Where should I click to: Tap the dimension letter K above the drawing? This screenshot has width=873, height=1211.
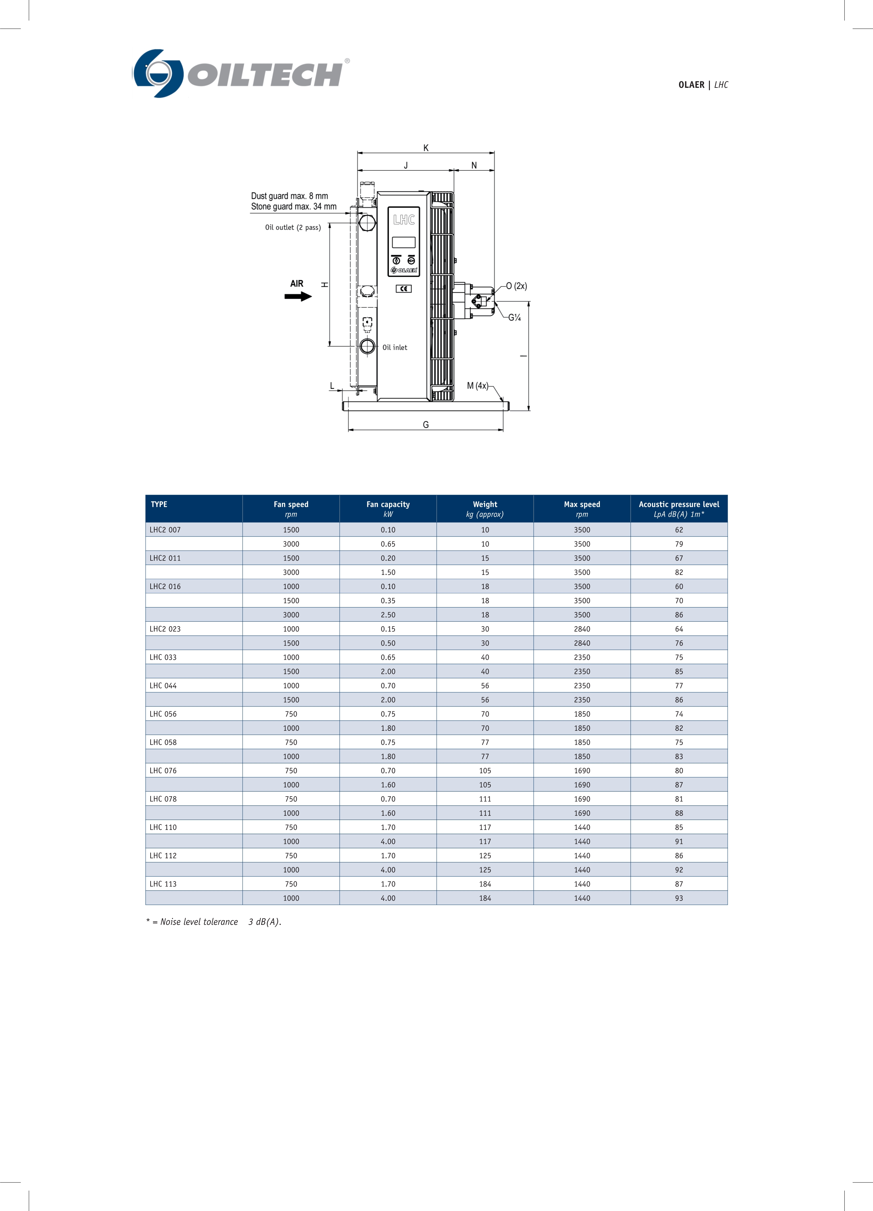(425, 148)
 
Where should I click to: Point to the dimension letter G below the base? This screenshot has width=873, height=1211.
(425, 425)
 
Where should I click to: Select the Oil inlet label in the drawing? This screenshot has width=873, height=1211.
(395, 348)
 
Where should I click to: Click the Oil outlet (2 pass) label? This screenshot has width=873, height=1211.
(293, 228)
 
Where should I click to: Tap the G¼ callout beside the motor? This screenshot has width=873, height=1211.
(514, 318)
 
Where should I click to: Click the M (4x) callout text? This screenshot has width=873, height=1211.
(477, 385)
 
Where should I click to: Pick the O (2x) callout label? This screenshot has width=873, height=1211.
(516, 286)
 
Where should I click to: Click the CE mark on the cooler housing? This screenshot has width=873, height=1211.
(404, 289)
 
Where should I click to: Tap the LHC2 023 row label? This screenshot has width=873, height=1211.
(165, 629)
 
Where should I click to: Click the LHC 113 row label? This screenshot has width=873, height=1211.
(163, 884)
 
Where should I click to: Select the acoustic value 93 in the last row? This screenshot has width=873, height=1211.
(679, 898)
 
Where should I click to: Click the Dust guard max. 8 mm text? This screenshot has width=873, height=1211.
(289, 196)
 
